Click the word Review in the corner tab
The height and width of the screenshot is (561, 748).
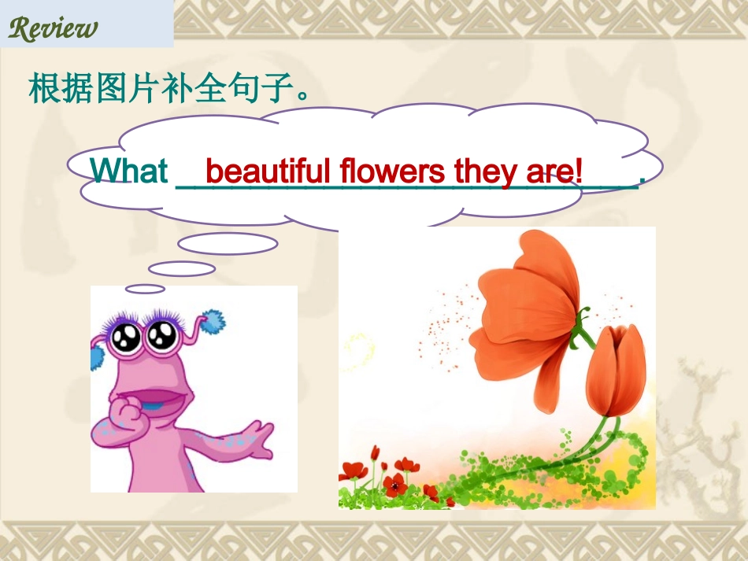click(53, 28)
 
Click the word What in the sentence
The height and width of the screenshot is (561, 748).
click(129, 171)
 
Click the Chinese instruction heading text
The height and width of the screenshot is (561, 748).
click(167, 89)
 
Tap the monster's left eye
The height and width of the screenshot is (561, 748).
click(125, 338)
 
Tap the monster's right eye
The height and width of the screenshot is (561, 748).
click(162, 337)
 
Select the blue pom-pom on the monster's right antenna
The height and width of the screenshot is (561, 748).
click(210, 322)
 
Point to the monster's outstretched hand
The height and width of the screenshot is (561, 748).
click(256, 441)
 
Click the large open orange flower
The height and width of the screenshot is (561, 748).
click(524, 315)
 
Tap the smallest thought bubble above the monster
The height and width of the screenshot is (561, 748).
click(145, 289)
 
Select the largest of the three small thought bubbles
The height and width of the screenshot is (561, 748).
click(228, 244)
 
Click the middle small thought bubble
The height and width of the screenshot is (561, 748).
click(182, 268)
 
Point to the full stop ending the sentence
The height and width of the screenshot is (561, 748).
click(642, 180)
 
